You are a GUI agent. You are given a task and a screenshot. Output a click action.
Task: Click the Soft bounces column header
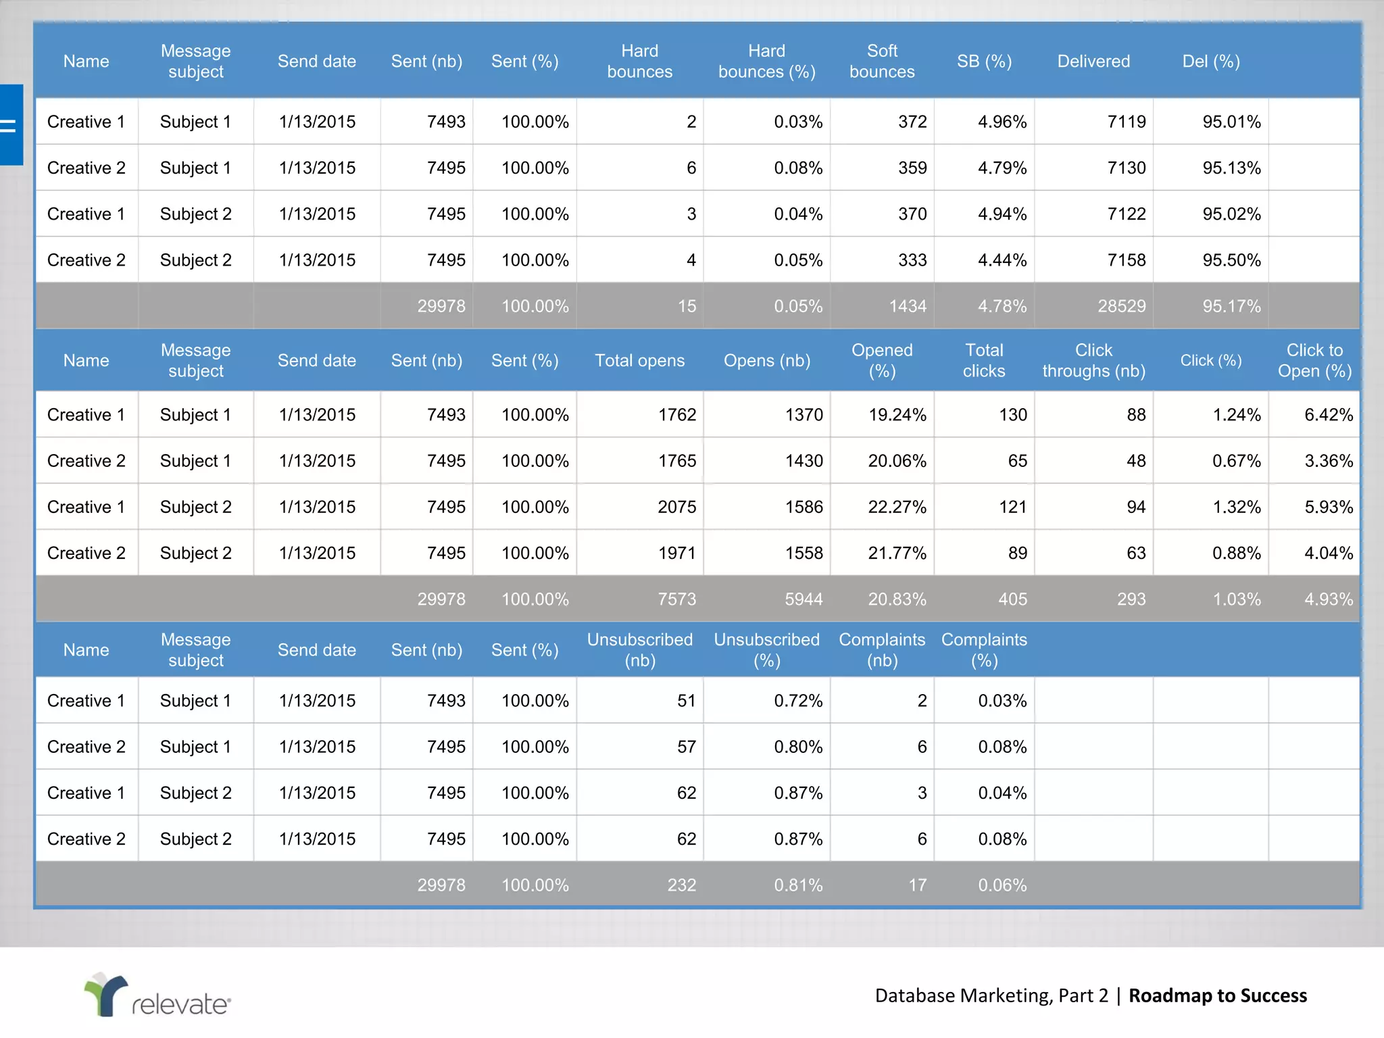[x=882, y=61]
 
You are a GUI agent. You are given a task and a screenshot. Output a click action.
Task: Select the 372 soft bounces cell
[x=912, y=122]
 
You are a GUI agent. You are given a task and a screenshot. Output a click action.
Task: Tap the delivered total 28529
[x=1121, y=306]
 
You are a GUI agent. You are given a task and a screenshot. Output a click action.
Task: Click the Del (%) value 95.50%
[x=1231, y=260]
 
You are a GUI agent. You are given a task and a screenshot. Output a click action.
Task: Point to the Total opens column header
[x=639, y=360]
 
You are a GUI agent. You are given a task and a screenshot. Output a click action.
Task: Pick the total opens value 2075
[x=676, y=507]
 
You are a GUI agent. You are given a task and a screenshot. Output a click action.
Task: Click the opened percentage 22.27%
[x=897, y=507]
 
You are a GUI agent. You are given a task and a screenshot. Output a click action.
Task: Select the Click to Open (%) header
[x=1314, y=360]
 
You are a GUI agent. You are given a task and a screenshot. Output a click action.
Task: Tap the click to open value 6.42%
[x=1328, y=415]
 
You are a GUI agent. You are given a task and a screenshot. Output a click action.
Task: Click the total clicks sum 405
[x=1012, y=599]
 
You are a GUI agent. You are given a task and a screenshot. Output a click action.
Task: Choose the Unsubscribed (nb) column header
[x=639, y=649]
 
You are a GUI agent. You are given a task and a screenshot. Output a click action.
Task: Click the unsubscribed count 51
[x=686, y=701]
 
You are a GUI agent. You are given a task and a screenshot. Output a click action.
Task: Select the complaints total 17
[x=917, y=885]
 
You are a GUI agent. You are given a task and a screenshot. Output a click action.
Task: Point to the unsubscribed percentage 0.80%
[x=798, y=747]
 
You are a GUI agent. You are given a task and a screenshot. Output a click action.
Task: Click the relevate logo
[x=157, y=995]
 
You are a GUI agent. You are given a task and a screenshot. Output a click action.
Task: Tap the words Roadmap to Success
[x=1217, y=995]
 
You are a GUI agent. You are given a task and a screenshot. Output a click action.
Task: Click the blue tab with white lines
[x=11, y=125]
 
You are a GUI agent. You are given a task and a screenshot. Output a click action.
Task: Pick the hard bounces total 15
[x=686, y=306]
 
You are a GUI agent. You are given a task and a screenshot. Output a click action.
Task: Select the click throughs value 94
[x=1135, y=507]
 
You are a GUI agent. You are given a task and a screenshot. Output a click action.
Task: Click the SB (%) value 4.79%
[x=1002, y=168]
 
